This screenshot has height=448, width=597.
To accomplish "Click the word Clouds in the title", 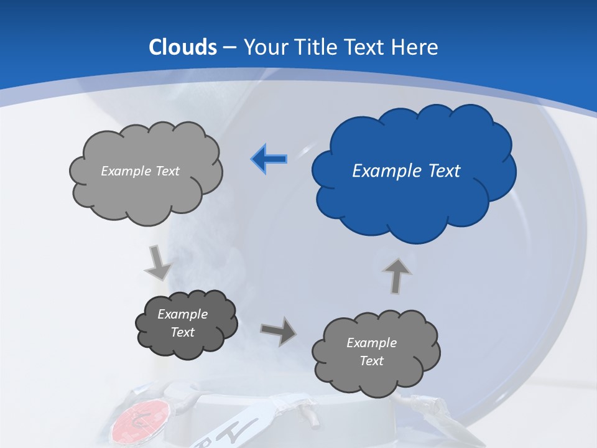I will click(183, 47).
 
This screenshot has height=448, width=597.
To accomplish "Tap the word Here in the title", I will click(417, 47).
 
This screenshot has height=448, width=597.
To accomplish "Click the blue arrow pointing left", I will click(269, 159).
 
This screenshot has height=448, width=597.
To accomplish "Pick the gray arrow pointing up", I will click(397, 275).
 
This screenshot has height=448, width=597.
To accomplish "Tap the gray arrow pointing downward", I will click(158, 261).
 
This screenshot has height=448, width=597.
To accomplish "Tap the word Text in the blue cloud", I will click(444, 171).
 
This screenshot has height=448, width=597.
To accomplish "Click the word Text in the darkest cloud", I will click(183, 332).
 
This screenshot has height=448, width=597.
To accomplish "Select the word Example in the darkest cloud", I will click(183, 314).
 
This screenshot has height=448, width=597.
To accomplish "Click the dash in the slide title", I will click(230, 48).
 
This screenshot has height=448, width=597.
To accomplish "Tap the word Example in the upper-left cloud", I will click(126, 171).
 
